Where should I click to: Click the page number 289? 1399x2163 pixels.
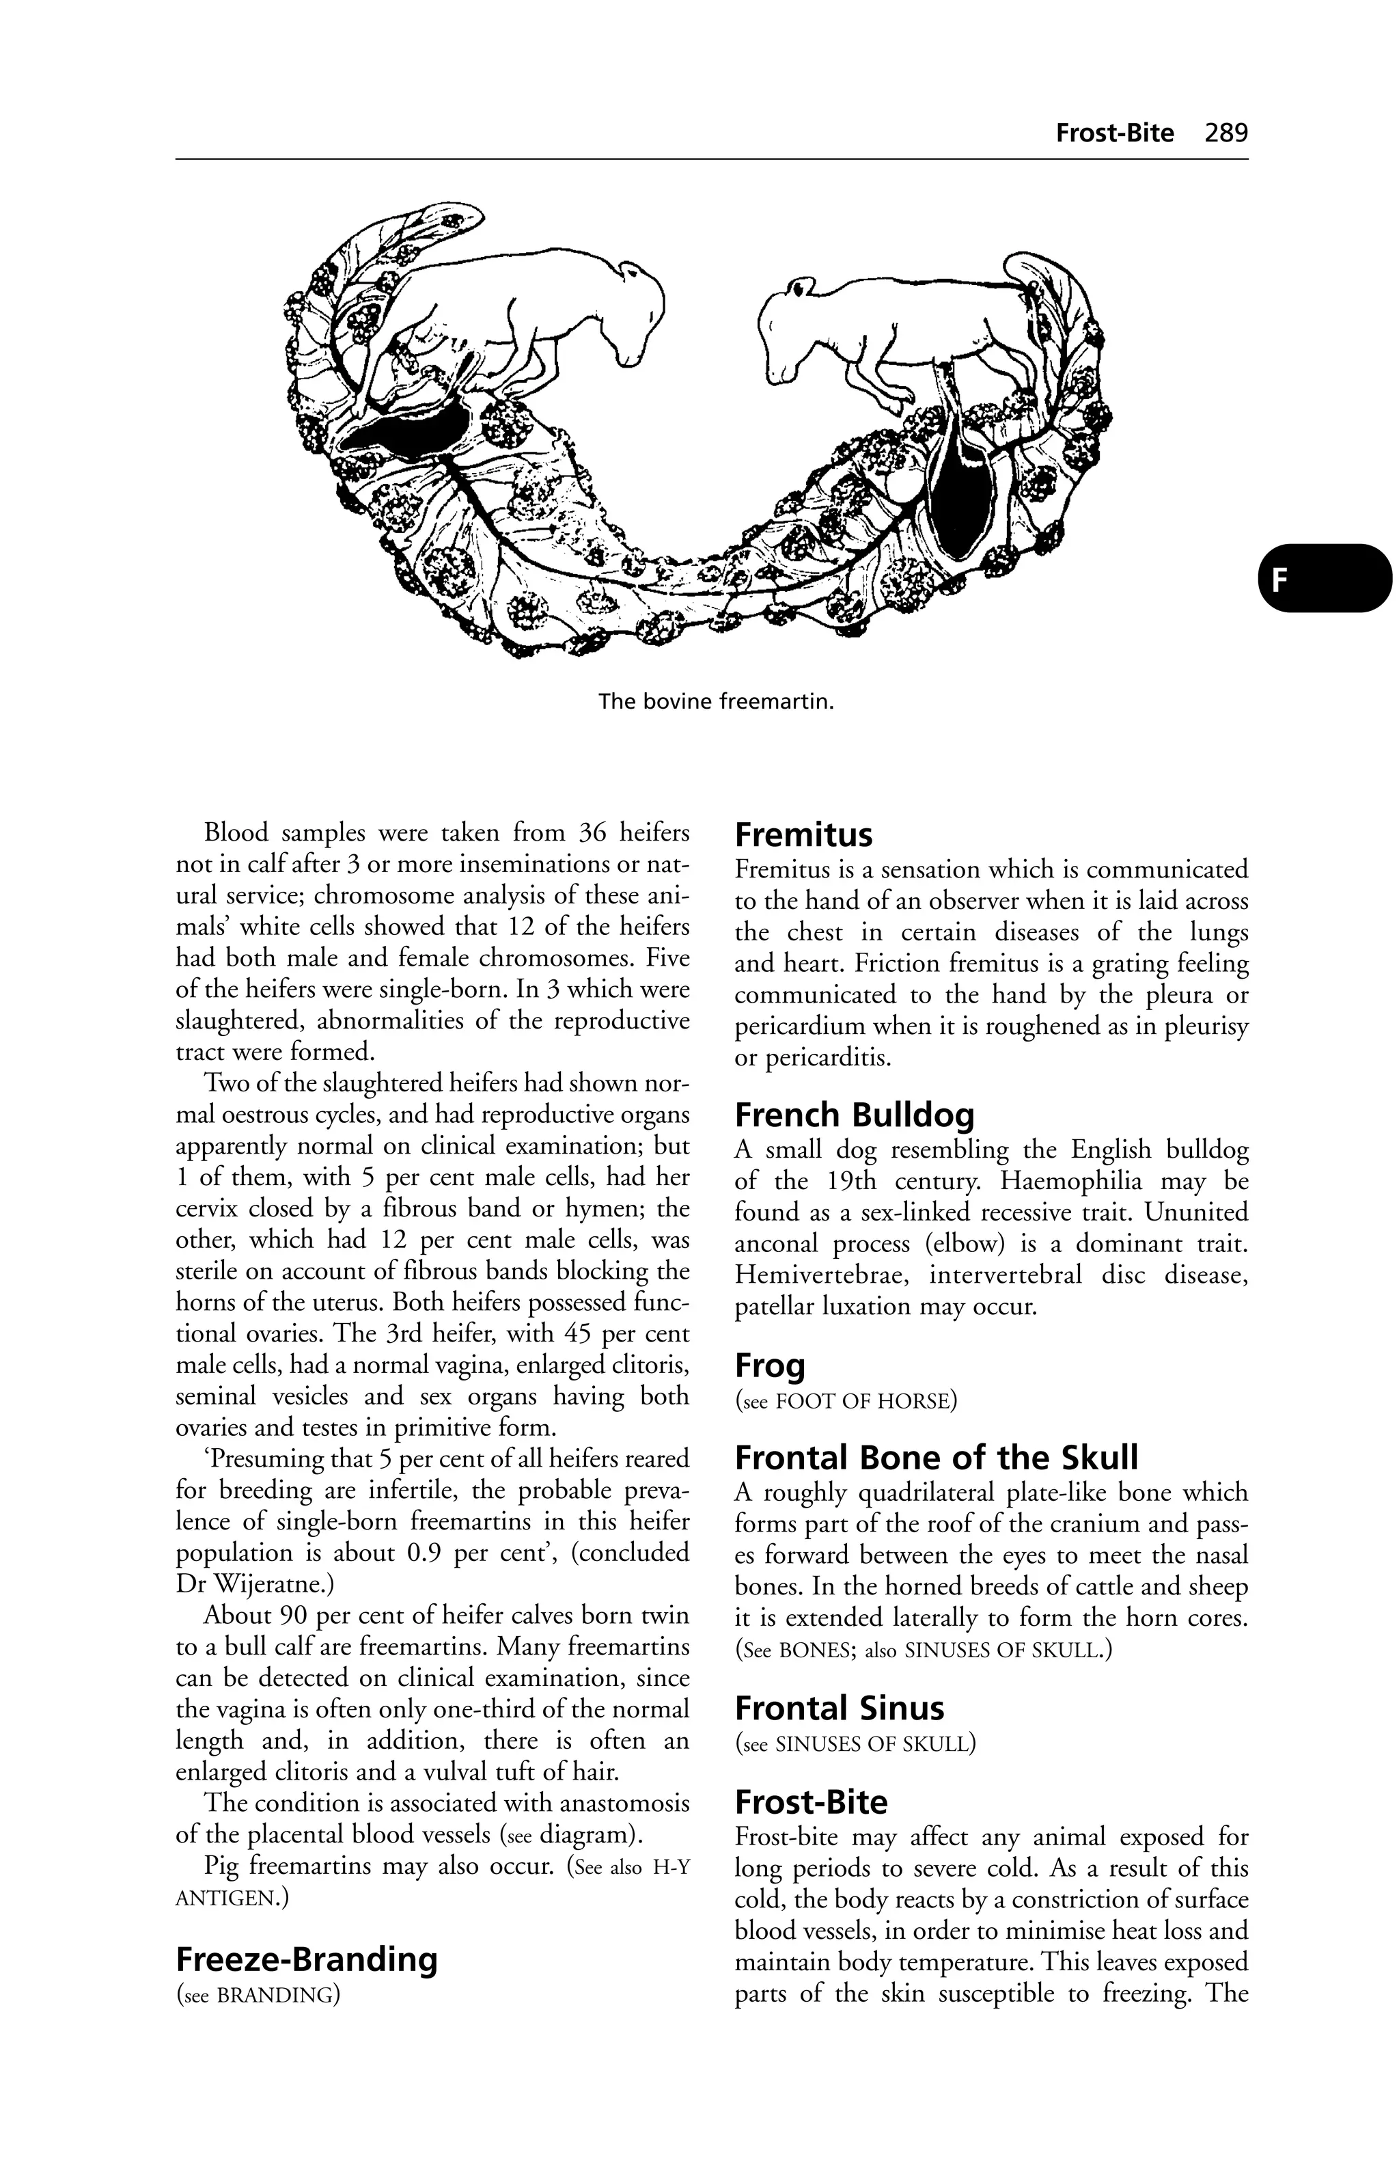coord(1225,133)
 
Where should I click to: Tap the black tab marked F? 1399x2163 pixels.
coord(1324,578)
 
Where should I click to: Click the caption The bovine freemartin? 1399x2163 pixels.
coord(716,702)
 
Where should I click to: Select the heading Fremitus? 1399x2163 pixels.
coord(803,834)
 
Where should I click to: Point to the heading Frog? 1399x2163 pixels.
coord(769,1365)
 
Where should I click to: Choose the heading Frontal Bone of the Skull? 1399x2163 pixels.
coord(936,1458)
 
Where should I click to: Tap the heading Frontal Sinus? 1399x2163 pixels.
coord(838,1709)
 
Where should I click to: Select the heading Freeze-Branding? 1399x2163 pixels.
coord(306,1959)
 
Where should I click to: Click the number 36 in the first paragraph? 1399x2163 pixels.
coord(594,832)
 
